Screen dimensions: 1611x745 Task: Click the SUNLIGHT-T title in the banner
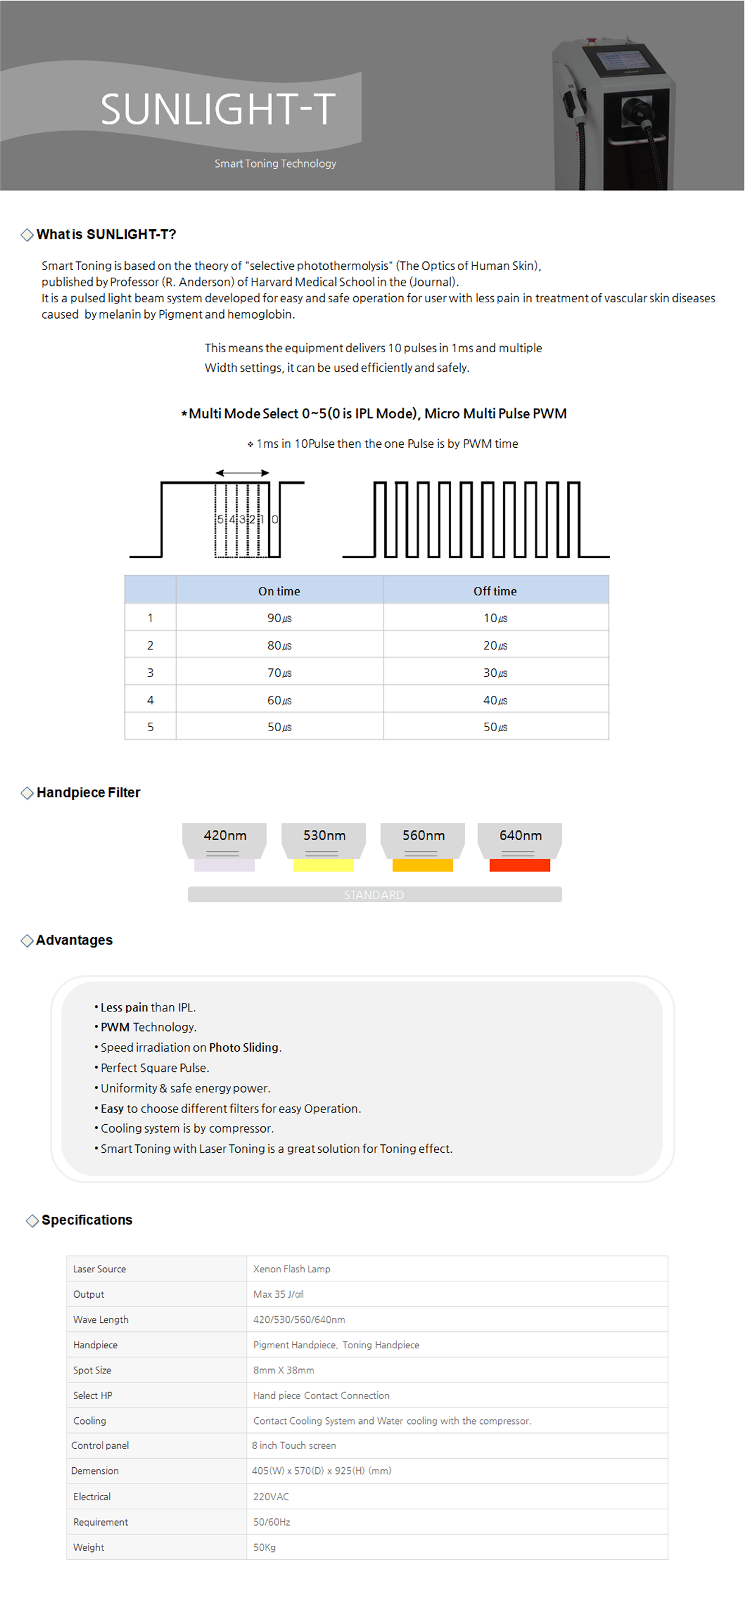pyautogui.click(x=218, y=109)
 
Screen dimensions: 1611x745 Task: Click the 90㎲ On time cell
pyautogui.click(x=279, y=618)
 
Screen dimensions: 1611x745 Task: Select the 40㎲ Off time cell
pyautogui.click(x=495, y=701)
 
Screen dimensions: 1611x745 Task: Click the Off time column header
pyautogui.click(x=495, y=591)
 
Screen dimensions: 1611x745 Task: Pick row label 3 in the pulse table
pyautogui.click(x=150, y=673)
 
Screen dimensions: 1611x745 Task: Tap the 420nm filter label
pyautogui.click(x=224, y=835)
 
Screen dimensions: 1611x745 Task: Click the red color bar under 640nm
pyautogui.click(x=519, y=866)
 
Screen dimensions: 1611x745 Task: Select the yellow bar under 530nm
pyautogui.click(x=323, y=866)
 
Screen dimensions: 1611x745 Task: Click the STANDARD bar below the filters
pyautogui.click(x=374, y=894)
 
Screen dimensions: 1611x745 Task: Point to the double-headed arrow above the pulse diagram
pyautogui.click(x=242, y=473)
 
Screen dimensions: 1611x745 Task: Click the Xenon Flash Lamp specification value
pyautogui.click(x=291, y=1269)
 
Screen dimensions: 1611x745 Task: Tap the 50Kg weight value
pyautogui.click(x=264, y=1547)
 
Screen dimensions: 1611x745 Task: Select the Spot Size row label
pyautogui.click(x=92, y=1370)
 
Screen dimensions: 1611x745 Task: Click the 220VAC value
pyautogui.click(x=271, y=1496)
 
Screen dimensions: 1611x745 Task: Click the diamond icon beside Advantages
pyautogui.click(x=27, y=941)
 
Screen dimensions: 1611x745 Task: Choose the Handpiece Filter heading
pyautogui.click(x=88, y=792)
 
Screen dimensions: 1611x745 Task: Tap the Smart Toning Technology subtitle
pyautogui.click(x=275, y=163)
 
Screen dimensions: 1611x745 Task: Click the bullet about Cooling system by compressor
pyautogui.click(x=187, y=1128)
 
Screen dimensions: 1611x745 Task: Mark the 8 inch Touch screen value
pyautogui.click(x=294, y=1445)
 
